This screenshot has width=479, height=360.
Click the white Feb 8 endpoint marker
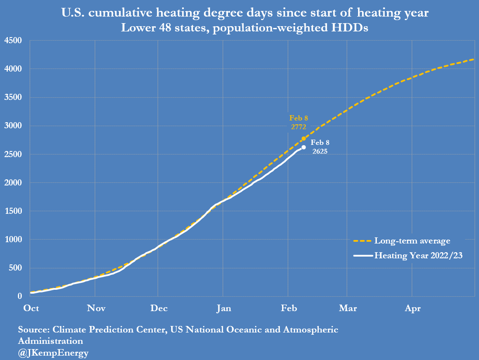(303, 147)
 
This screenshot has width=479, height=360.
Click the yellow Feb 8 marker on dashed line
(303, 138)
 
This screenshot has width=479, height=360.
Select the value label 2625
(320, 151)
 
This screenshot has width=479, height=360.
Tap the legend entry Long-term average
(412, 241)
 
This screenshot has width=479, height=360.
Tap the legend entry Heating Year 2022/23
(418, 256)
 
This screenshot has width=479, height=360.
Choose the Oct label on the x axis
(31, 309)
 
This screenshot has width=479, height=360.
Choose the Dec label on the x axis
(159, 309)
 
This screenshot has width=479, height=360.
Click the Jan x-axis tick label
(224, 309)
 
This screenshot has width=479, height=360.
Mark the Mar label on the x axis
(348, 309)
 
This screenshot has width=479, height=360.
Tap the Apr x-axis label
(413, 309)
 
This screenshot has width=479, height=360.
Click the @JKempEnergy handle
(53, 353)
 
